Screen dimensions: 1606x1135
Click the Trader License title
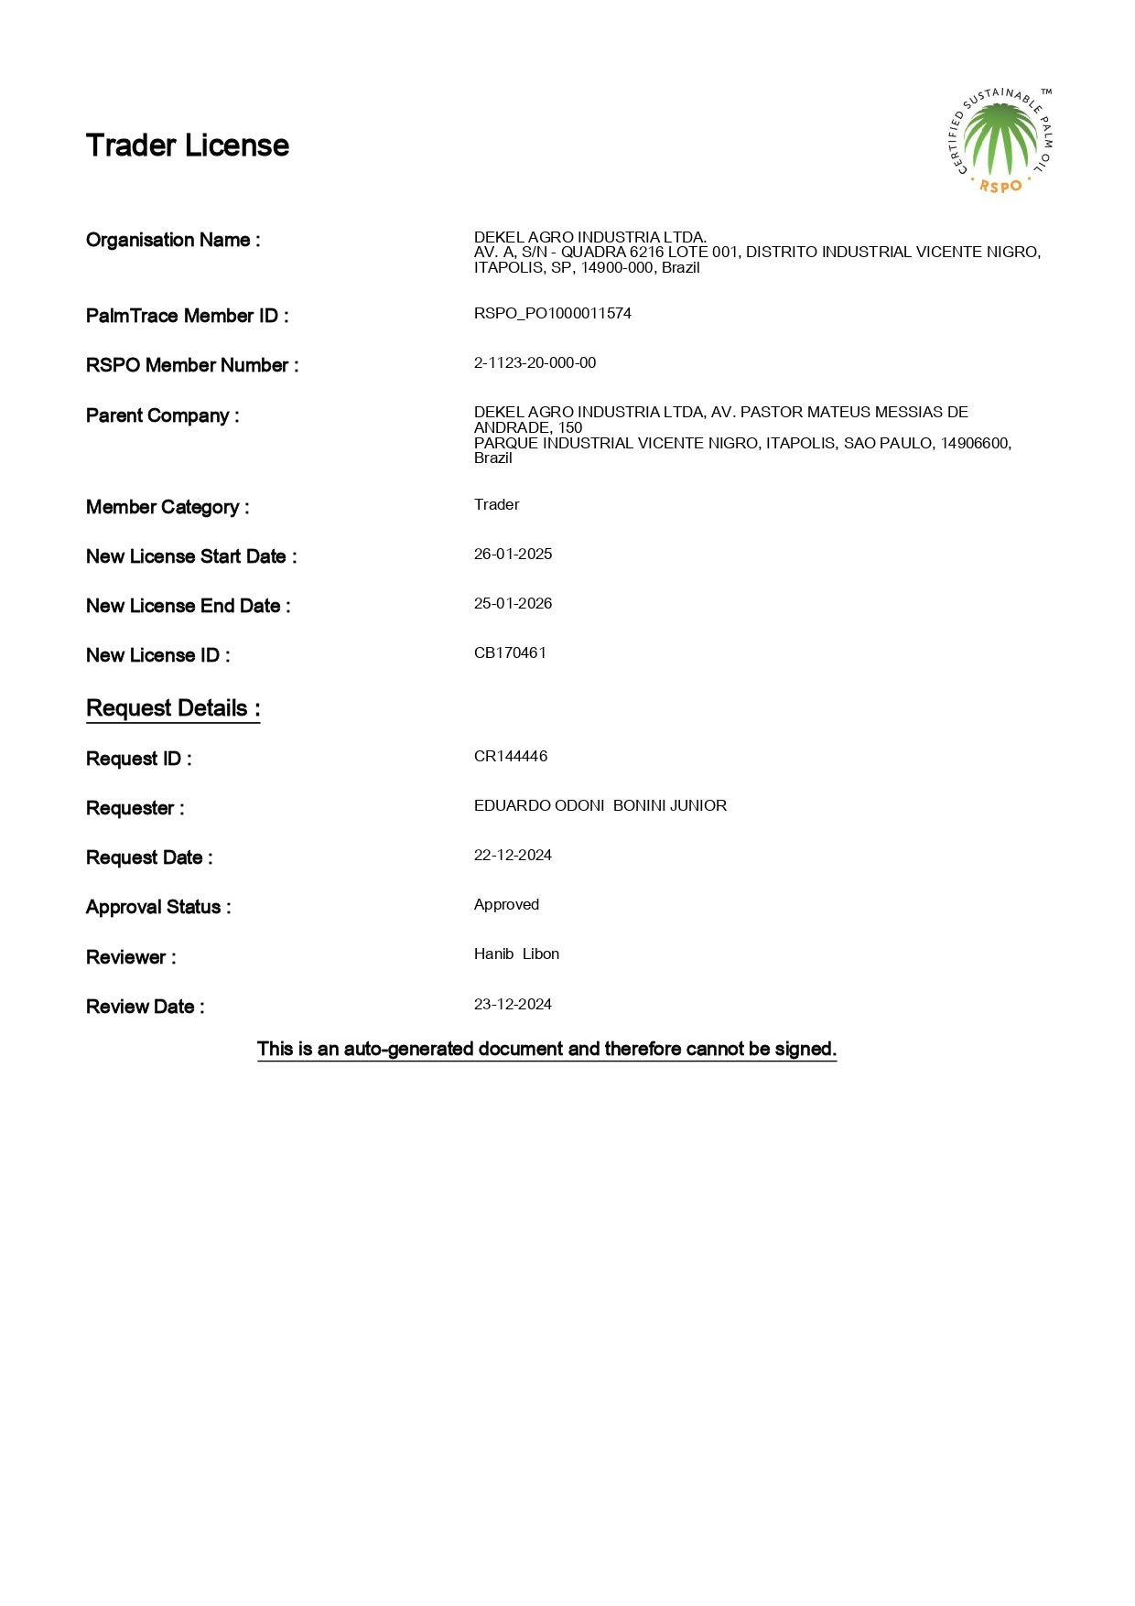click(x=187, y=146)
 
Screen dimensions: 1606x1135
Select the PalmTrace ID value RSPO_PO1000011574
click(x=552, y=314)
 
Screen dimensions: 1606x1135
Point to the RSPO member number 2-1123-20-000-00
click(x=535, y=363)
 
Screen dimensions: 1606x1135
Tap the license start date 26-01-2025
click(x=513, y=555)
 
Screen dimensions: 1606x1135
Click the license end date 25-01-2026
click(x=513, y=604)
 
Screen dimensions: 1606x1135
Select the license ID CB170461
click(x=510, y=653)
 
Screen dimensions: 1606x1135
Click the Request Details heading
click(x=173, y=709)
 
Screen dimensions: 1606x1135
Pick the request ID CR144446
click(x=511, y=757)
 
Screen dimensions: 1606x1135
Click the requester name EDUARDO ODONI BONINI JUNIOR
click(x=600, y=806)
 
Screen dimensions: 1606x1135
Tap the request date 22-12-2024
click(x=513, y=856)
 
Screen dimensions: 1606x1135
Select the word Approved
click(x=506, y=905)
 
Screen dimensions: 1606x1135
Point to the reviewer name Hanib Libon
click(x=516, y=954)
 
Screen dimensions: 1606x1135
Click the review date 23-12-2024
click(x=513, y=1005)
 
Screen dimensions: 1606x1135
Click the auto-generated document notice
click(x=546, y=1050)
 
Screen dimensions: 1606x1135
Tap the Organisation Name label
click(x=173, y=241)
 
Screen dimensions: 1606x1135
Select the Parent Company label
click(x=162, y=416)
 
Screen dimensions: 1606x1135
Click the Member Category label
click(x=168, y=508)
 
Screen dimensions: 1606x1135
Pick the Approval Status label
click(x=158, y=908)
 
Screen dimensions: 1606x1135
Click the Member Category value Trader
click(x=496, y=505)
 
